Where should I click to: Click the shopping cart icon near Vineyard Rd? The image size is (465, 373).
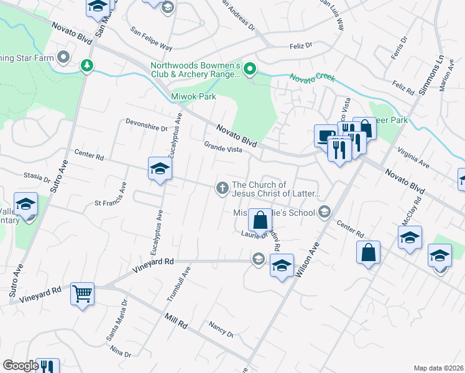click(x=82, y=293)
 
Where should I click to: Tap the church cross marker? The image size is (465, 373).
click(x=222, y=187)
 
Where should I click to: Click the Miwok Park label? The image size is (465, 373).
click(x=193, y=96)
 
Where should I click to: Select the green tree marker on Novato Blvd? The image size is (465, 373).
click(x=87, y=65)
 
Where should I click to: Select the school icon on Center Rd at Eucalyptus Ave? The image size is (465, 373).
click(x=160, y=168)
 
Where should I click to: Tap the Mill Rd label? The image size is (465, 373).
click(x=176, y=321)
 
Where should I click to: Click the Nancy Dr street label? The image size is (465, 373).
click(x=221, y=329)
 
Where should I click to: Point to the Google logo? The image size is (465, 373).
click(x=21, y=365)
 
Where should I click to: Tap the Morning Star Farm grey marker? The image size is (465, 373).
click(x=63, y=58)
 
